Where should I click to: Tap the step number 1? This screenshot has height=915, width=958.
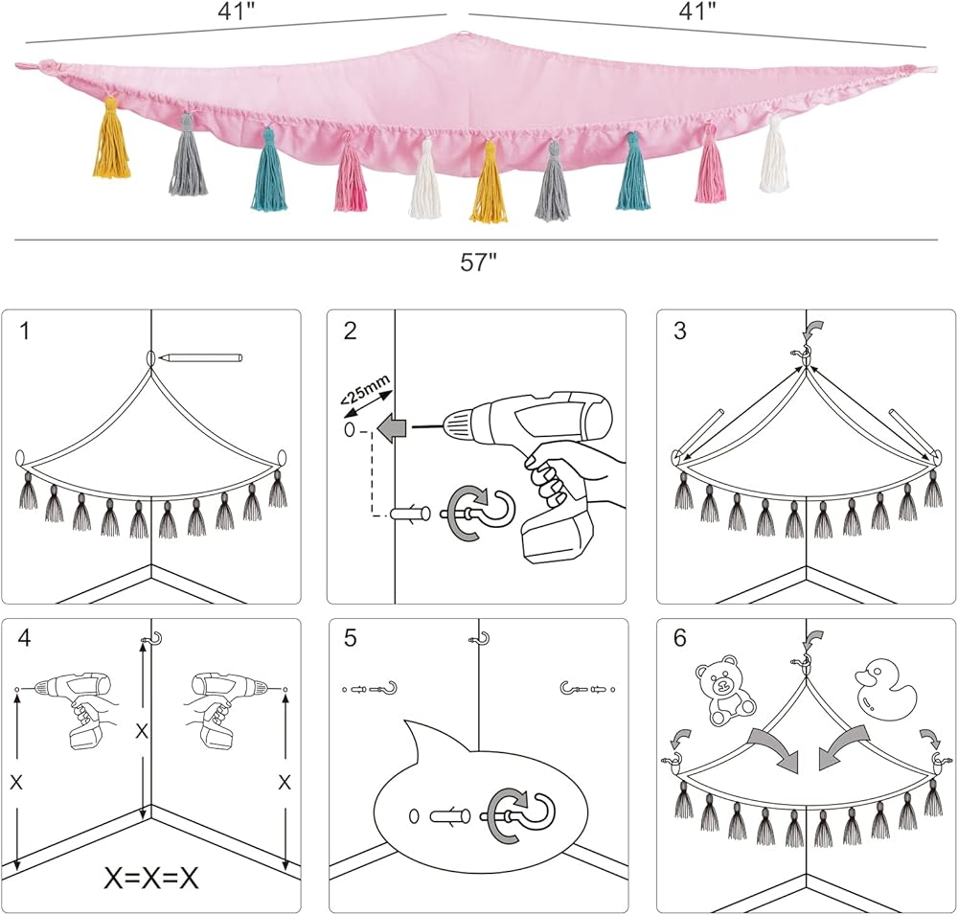pyautogui.click(x=25, y=332)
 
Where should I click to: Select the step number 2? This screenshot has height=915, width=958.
pyautogui.click(x=350, y=332)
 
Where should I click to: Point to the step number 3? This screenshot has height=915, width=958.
pyautogui.click(x=680, y=332)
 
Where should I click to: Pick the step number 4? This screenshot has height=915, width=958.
pyautogui.click(x=25, y=639)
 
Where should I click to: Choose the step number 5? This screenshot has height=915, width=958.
pyautogui.click(x=350, y=639)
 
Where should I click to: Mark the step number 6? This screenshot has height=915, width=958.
pyautogui.click(x=680, y=639)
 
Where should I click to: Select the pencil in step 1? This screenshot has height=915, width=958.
pyautogui.click(x=202, y=357)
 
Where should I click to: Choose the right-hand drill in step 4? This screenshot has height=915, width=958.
pyautogui.click(x=226, y=704)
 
